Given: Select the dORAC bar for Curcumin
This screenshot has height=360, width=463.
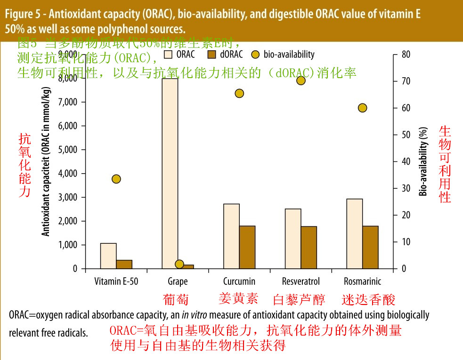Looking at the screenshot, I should (247, 247).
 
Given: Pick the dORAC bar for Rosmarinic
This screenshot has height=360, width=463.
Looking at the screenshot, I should (370, 247).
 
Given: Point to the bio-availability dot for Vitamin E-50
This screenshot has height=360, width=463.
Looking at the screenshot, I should (116, 179).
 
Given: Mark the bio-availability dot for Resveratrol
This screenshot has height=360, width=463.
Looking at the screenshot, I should (301, 80).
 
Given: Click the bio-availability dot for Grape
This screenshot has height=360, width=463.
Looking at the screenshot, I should (179, 264).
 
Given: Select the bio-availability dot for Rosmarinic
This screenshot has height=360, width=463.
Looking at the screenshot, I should (362, 108).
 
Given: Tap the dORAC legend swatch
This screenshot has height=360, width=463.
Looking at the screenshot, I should (211, 55).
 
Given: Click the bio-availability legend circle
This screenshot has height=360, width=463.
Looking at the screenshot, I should (256, 55).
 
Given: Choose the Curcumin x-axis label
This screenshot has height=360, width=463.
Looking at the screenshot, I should (239, 281).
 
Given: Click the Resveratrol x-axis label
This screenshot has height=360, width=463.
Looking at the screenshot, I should (301, 281).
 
